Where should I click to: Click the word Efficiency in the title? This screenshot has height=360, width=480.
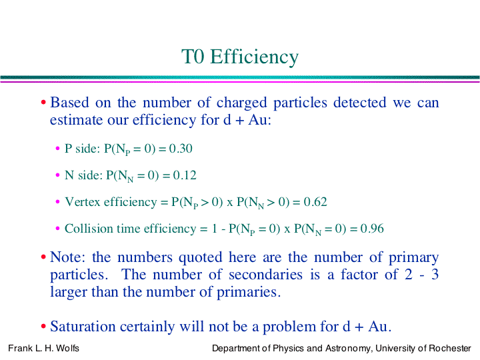point(254,57)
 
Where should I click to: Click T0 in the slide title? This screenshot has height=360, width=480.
point(193,57)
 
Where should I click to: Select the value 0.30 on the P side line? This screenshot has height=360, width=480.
point(181,149)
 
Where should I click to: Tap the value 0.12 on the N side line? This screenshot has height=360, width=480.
point(185,175)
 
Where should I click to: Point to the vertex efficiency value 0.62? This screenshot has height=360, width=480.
point(315,202)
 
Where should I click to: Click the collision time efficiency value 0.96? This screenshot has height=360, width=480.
point(372,229)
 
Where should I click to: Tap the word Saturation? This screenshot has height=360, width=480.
point(83,326)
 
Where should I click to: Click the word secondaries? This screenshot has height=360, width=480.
point(265,274)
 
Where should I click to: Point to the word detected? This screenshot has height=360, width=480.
point(360,103)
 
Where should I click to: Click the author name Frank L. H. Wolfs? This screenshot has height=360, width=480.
point(43,349)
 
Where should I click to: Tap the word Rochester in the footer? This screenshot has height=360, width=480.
point(450,349)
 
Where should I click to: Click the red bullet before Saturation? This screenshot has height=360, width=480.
point(43,326)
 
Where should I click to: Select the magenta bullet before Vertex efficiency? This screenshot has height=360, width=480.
point(57,202)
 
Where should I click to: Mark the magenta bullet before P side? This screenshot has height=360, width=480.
point(57,149)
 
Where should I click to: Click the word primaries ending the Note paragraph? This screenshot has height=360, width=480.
point(248,293)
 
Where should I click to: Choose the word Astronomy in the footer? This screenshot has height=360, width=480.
point(349,349)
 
